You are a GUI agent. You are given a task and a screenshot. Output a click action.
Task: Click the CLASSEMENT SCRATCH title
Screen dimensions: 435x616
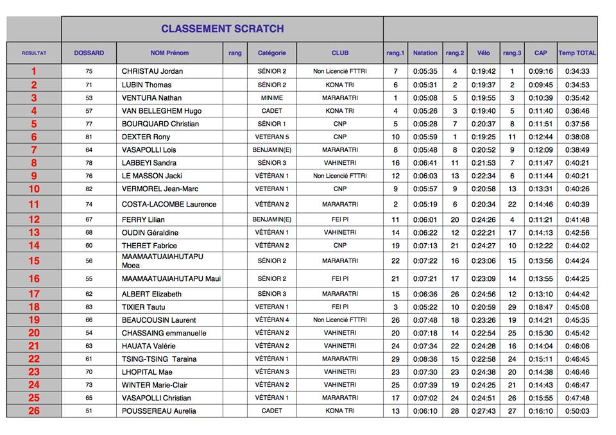(222, 29)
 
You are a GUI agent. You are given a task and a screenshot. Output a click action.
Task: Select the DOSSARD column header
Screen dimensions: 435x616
(89, 53)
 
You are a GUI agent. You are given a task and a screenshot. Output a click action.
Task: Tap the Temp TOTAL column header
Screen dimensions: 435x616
(577, 53)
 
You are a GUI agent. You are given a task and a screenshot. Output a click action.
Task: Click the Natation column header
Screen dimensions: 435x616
(425, 53)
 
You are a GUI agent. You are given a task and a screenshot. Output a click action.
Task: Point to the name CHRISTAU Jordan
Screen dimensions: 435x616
(153, 72)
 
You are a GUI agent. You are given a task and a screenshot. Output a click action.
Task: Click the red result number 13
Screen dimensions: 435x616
(34, 233)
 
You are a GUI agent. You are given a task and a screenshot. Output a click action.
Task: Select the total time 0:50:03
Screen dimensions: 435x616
(577, 411)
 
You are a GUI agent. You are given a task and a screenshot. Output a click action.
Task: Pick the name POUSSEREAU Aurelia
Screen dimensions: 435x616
(159, 411)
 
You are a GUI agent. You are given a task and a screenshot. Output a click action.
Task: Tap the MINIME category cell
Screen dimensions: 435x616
(271, 98)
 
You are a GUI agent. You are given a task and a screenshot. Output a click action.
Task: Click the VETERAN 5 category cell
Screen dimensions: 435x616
(271, 137)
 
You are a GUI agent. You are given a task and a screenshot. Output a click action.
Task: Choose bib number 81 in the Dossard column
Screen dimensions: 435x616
(89, 137)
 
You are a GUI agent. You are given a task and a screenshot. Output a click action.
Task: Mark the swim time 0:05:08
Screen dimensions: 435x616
(425, 98)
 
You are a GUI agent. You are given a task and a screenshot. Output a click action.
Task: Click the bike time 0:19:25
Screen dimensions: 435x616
(483, 137)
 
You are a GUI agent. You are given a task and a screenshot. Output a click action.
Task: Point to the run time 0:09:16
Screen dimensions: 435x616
(540, 72)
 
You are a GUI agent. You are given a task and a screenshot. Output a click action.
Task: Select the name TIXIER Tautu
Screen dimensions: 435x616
(143, 307)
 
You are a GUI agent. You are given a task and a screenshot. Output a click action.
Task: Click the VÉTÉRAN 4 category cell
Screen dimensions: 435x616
(271, 320)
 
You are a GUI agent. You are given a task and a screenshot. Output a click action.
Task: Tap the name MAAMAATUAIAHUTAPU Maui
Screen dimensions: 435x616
(171, 279)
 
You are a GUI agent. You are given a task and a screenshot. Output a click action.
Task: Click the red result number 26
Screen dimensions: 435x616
(34, 411)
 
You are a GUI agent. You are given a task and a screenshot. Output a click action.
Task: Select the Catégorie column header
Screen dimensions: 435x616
(271, 53)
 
